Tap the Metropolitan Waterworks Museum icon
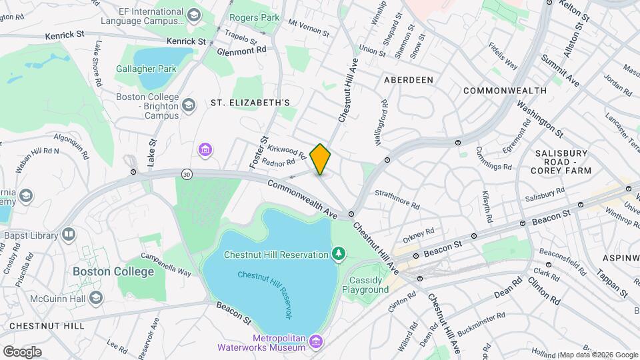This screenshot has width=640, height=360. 316,342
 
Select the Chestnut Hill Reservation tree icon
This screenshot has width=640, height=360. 339,254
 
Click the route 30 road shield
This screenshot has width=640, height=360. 186,173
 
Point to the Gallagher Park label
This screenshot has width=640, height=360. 146,68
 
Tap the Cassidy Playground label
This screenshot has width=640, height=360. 365,285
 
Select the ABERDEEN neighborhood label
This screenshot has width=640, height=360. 409,80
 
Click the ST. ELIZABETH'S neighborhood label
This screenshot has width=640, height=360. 250,103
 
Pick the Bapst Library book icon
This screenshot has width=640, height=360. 69,234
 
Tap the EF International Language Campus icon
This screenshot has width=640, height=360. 193,15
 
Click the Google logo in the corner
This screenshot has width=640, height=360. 22,351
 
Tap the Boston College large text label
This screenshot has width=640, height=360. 113,271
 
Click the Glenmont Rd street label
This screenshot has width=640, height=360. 241,49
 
